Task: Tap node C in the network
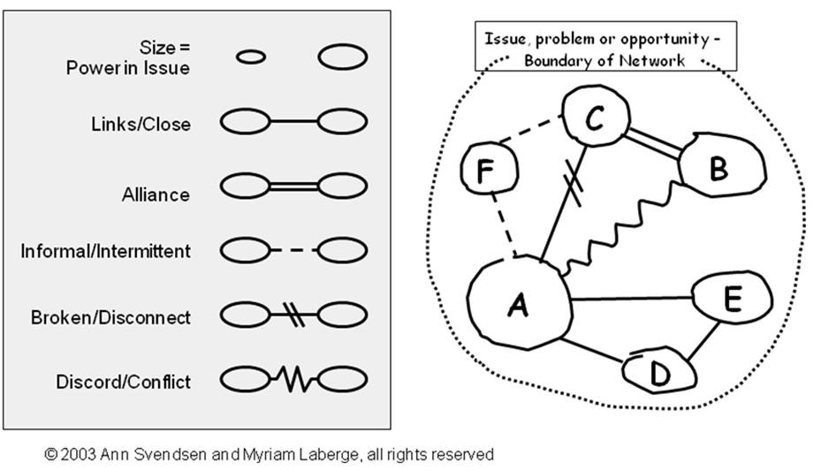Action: (x=594, y=120)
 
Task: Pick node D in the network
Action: (x=658, y=372)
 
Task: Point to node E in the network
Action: (x=730, y=300)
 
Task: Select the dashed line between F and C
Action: (x=528, y=134)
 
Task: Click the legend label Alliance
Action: (x=156, y=194)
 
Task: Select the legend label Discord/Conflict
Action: (x=123, y=382)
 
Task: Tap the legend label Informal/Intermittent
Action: (x=105, y=252)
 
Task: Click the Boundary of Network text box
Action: (x=605, y=49)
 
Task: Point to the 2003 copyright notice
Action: (x=270, y=455)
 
